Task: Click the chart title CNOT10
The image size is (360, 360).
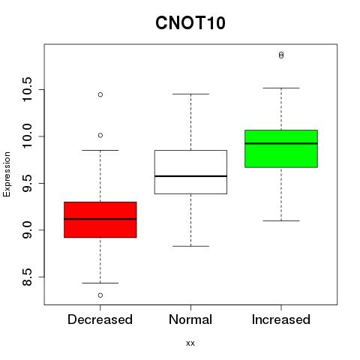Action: [x=190, y=22]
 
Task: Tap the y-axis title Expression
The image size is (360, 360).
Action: [x=7, y=175]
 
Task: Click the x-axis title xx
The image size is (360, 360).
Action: [x=190, y=343]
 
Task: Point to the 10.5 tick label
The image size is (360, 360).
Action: [x=26, y=89]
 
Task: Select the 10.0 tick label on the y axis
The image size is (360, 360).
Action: [x=26, y=136]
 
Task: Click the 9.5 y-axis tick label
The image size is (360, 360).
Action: [x=26, y=183]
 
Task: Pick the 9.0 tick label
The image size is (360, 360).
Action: [x=26, y=230]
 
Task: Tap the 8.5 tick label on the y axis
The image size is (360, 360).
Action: [x=26, y=277]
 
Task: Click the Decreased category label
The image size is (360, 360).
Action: [x=100, y=319]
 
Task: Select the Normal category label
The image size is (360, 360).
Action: [x=190, y=319]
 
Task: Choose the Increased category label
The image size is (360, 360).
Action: [x=281, y=319]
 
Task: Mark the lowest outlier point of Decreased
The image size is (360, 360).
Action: [x=100, y=295]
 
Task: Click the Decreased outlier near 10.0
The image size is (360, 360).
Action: [x=100, y=135]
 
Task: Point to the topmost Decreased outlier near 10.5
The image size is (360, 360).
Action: [x=100, y=94]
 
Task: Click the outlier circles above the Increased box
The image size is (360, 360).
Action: [x=281, y=55]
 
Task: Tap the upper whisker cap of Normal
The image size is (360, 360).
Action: [x=190, y=94]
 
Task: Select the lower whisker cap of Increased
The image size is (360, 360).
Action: [x=281, y=220]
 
